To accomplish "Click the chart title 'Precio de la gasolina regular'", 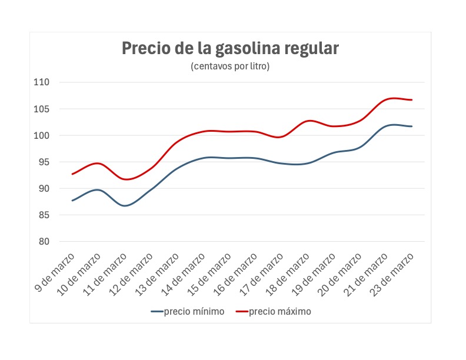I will pyautogui.click(x=230, y=48).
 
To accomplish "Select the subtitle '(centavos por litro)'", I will pyautogui.click(x=230, y=66).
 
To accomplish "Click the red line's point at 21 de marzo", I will pyautogui.click(x=385, y=99).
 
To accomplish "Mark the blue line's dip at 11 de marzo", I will pyautogui.click(x=125, y=205).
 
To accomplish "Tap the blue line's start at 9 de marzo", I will pyautogui.click(x=72, y=201).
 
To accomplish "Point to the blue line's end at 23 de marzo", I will pyautogui.click(x=412, y=126).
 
